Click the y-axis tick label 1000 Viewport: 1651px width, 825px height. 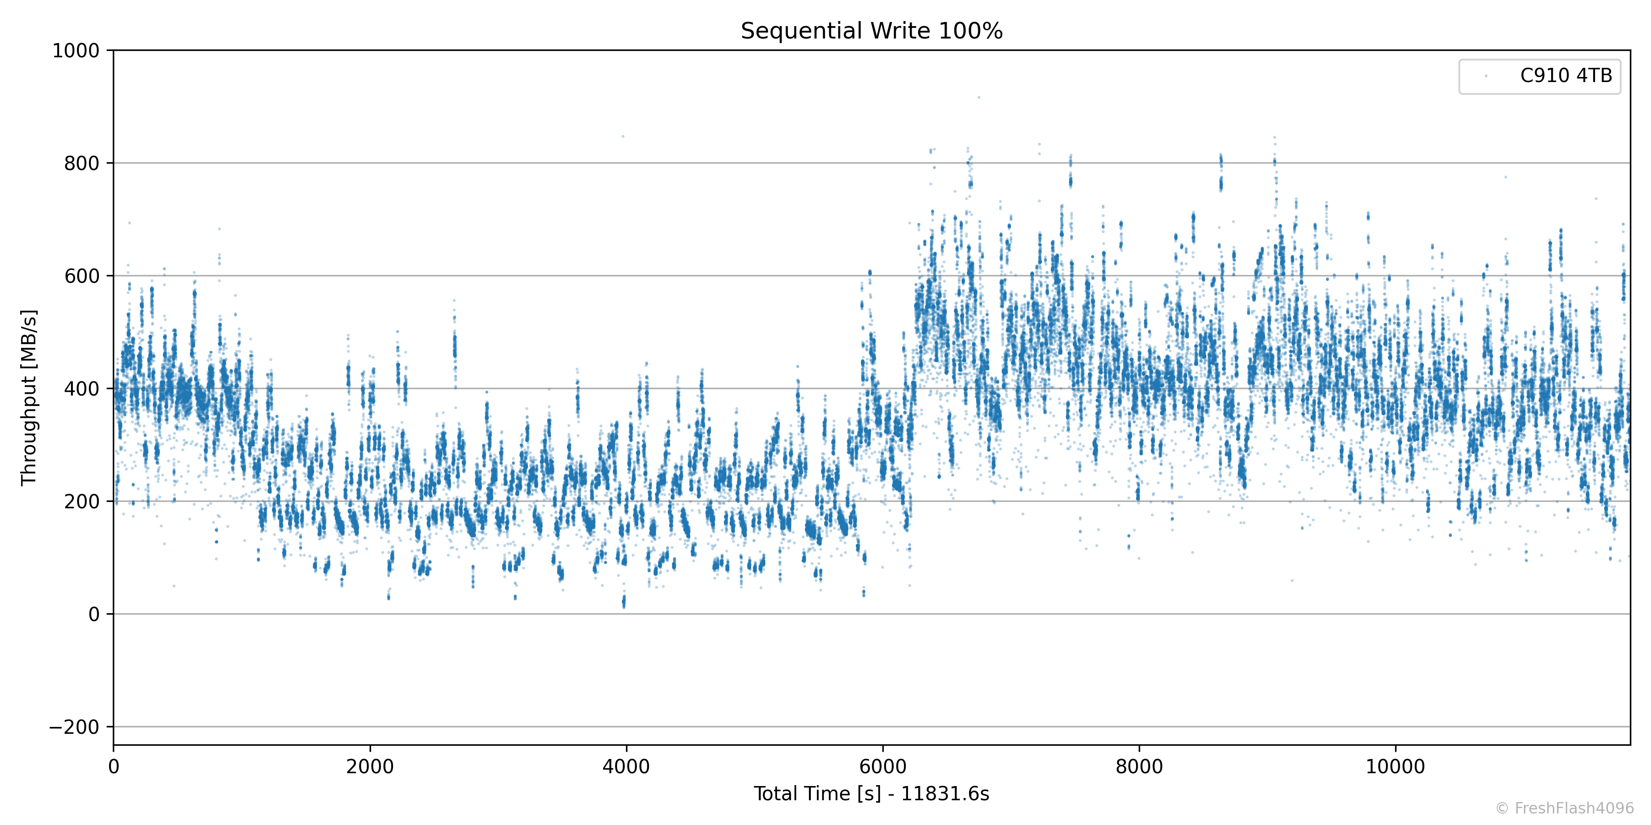76,50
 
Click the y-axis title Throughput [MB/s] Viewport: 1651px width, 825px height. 29,397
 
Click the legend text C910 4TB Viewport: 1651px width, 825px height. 1566,76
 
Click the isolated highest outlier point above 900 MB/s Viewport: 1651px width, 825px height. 979,97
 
